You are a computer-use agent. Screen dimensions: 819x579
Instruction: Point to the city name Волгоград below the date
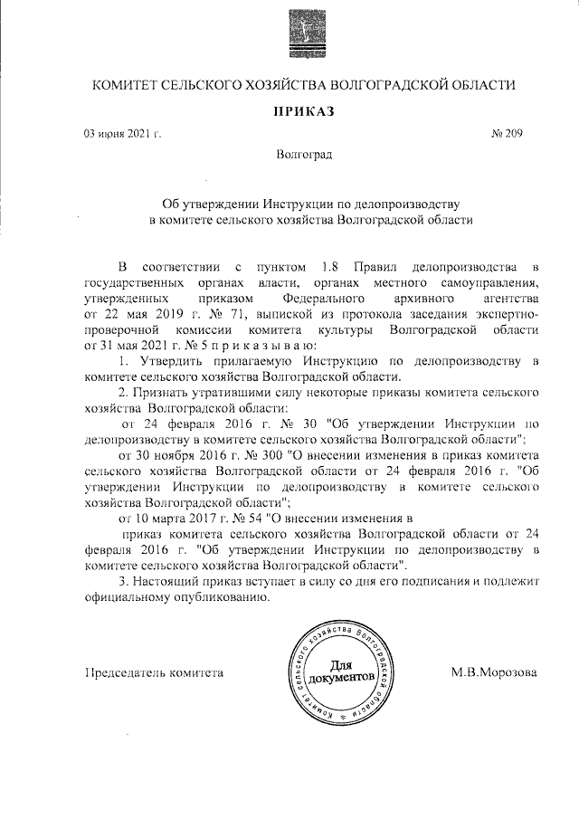304,155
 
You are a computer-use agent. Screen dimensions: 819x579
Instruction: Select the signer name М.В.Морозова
494,672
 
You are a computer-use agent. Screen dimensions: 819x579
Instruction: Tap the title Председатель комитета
153,672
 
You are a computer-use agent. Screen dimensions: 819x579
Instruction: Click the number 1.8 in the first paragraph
330,266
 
